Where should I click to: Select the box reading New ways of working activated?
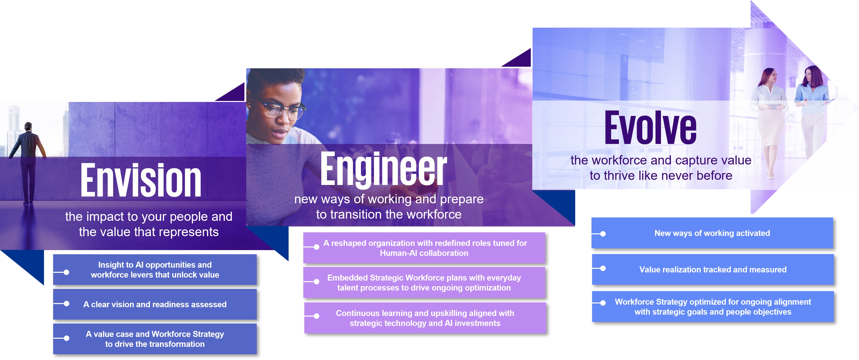point(712,233)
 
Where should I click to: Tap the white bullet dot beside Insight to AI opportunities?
point(66,272)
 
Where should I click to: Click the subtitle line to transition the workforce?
point(389,214)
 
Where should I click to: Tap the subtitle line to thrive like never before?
point(661,175)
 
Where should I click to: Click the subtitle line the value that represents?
point(149,232)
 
